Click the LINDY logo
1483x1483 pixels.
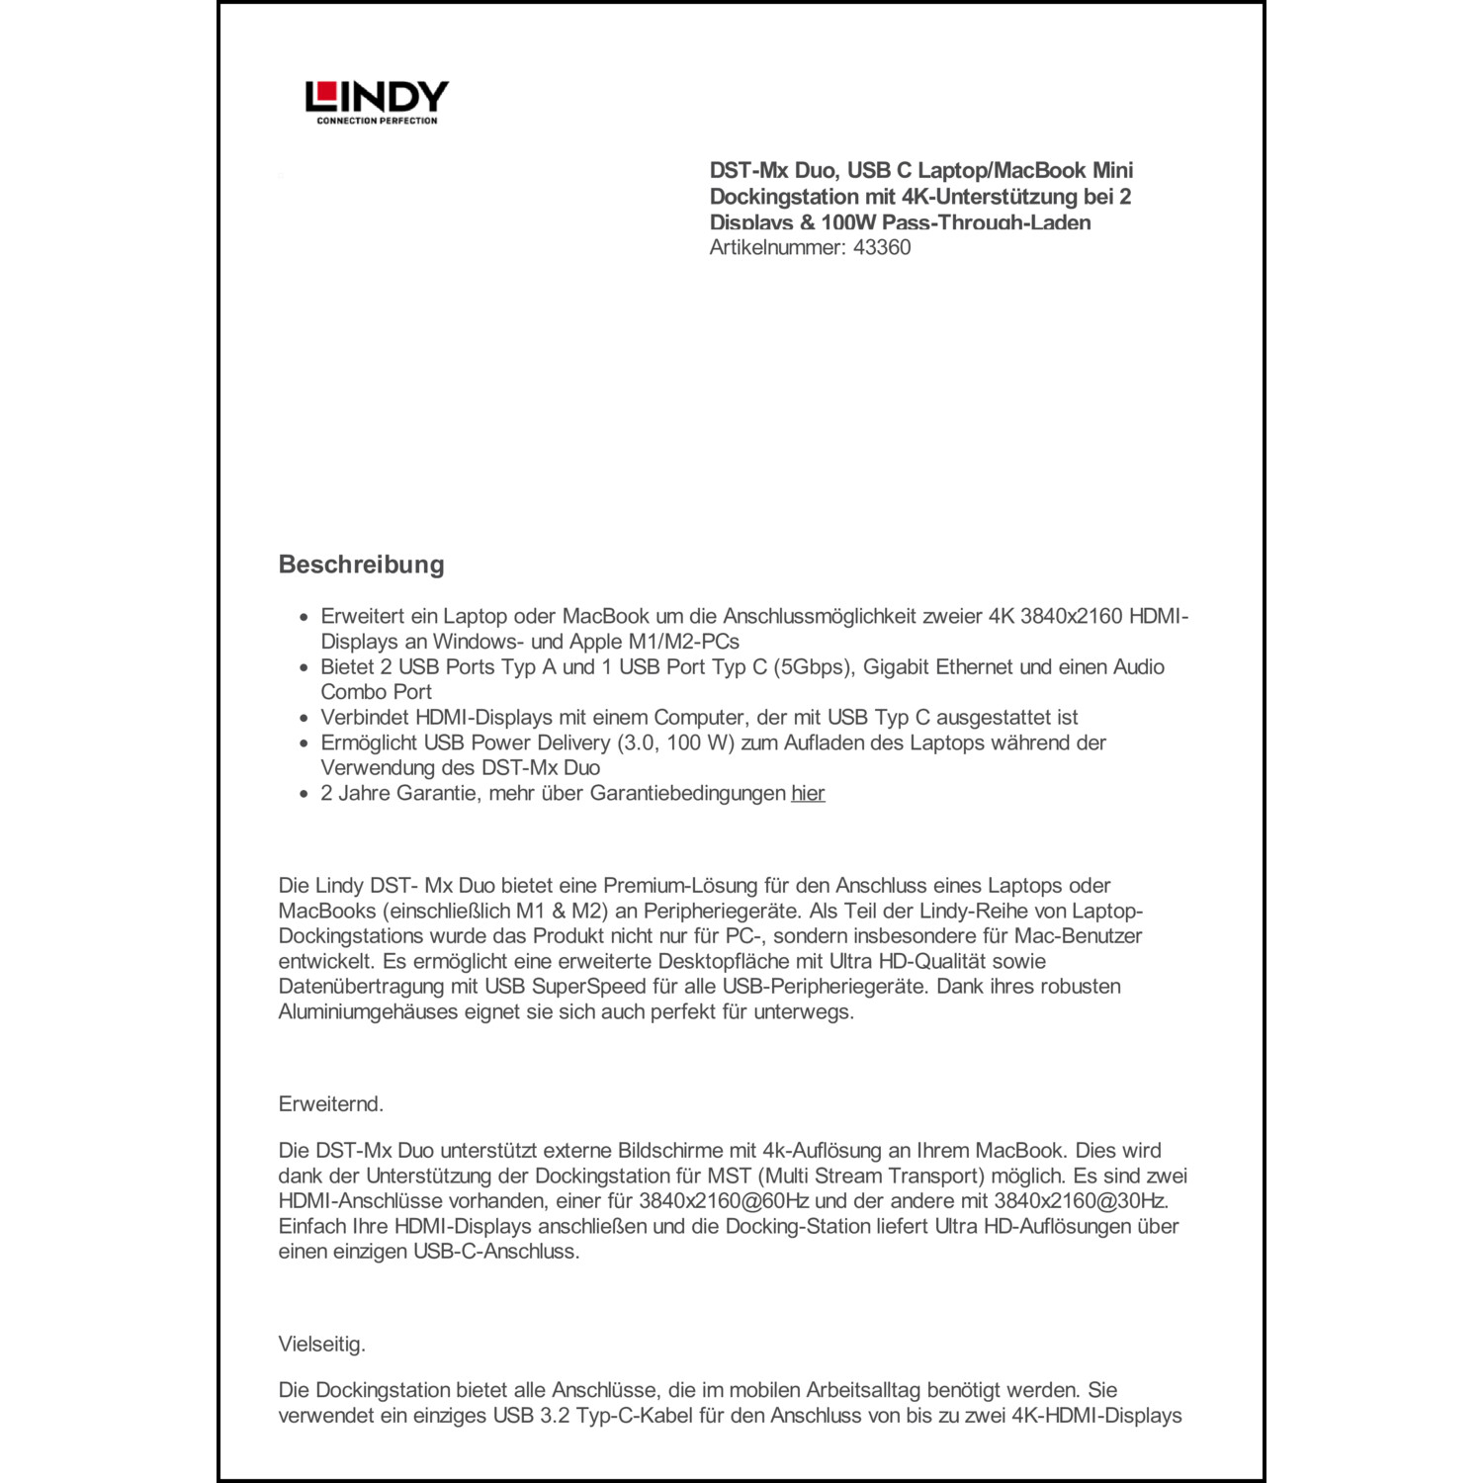[x=377, y=97]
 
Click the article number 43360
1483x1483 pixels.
[x=882, y=248]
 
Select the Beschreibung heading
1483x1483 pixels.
[x=362, y=565]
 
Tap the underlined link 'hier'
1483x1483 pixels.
[x=808, y=793]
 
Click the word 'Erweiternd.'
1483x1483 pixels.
[x=331, y=1104]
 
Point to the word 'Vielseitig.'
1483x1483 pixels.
[x=322, y=1345]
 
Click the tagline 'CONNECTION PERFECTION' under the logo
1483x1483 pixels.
[x=377, y=122]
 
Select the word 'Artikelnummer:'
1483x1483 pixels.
[x=777, y=248]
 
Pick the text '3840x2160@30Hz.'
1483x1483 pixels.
[x=1081, y=1201]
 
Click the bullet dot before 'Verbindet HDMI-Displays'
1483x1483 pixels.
[x=305, y=719]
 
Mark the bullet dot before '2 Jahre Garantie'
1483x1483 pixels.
[x=305, y=794]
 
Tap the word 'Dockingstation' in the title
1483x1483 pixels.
[x=776, y=197]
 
